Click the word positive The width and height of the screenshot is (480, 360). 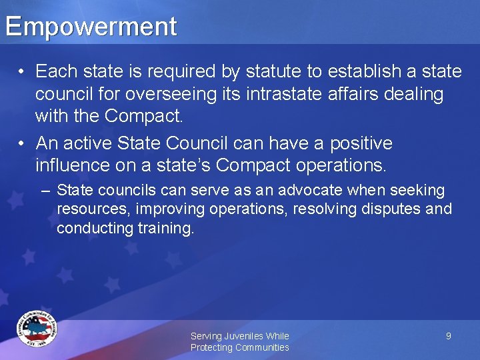coord(360,143)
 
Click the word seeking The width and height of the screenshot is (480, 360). coord(418,191)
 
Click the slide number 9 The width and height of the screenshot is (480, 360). coord(449,336)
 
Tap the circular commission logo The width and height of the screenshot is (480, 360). coord(37,328)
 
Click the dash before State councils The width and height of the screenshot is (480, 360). coord(45,191)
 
